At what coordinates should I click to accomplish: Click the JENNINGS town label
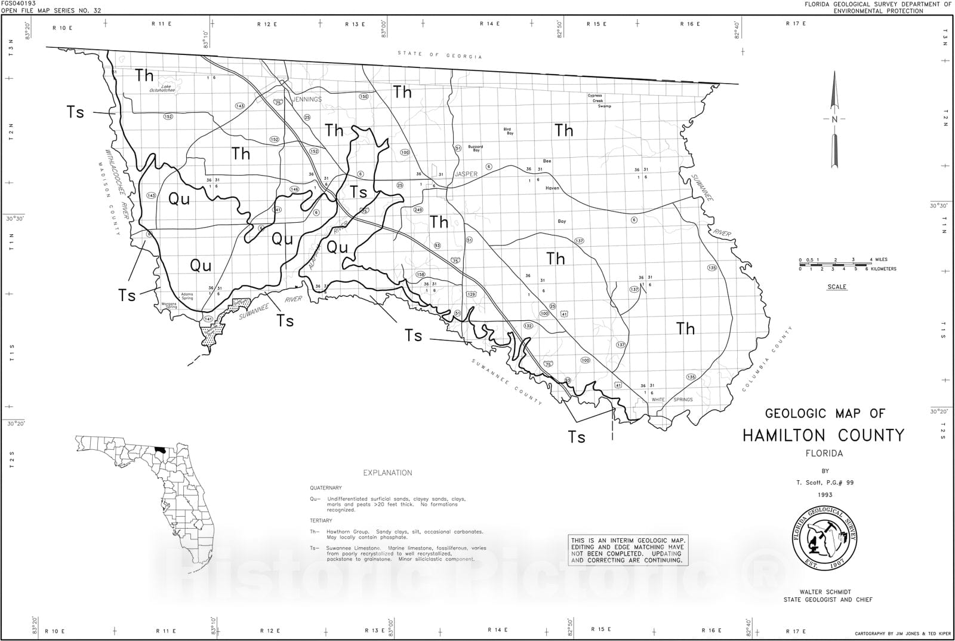click(x=306, y=99)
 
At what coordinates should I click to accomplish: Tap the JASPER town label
click(x=466, y=174)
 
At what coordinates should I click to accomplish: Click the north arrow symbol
click(x=834, y=119)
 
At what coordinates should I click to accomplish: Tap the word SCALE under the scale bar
click(x=837, y=287)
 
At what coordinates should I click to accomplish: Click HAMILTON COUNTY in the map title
click(x=823, y=435)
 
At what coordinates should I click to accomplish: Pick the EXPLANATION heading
click(x=387, y=473)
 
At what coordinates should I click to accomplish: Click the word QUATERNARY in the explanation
click(x=326, y=488)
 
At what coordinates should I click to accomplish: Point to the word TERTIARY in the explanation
click(x=321, y=521)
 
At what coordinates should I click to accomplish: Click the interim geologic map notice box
click(x=627, y=550)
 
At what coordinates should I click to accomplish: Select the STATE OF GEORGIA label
click(x=440, y=55)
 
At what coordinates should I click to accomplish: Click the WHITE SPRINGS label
click(x=671, y=400)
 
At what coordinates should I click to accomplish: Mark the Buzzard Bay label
click(x=475, y=148)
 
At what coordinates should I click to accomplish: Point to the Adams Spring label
click(x=187, y=296)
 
